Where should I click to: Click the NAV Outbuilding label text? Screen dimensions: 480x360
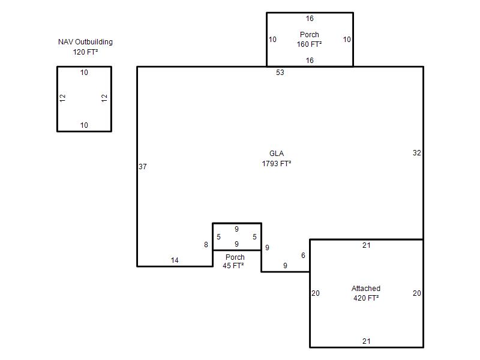tap(85, 42)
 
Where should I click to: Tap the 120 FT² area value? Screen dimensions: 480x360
tap(85, 52)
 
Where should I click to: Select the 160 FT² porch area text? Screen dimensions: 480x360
tap(309, 44)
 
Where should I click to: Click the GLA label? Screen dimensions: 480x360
tap(277, 154)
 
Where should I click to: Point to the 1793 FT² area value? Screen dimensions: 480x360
tap(277, 163)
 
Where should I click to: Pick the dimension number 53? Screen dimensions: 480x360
tap(280, 73)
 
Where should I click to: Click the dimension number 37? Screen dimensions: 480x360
tap(143, 167)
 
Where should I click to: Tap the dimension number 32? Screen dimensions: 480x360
tap(416, 153)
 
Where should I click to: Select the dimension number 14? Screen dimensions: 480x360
tap(175, 260)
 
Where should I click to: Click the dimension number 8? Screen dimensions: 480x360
tap(206, 245)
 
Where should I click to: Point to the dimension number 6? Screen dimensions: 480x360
tap(303, 256)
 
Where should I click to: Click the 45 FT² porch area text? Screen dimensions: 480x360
tap(233, 266)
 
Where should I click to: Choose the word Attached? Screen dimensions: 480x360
tap(366, 289)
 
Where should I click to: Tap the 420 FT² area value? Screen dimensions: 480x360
tap(366, 298)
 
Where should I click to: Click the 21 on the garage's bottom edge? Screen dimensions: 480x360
tap(367, 341)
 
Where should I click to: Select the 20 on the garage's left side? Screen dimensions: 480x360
tap(316, 293)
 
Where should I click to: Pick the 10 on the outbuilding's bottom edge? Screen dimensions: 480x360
tap(84, 125)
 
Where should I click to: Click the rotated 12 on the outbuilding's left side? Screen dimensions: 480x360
tap(62, 98)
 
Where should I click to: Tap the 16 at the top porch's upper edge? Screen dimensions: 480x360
tap(310, 19)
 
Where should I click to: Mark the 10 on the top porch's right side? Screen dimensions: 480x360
tap(347, 40)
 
